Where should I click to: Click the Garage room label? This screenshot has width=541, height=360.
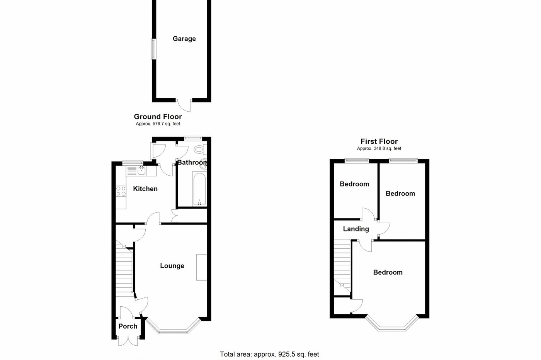tap(184, 39)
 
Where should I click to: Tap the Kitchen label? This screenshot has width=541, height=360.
tap(145, 188)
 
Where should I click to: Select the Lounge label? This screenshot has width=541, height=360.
tap(172, 266)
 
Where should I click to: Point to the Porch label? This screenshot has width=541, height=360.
tap(128, 326)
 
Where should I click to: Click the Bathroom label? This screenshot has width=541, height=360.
tap(192, 163)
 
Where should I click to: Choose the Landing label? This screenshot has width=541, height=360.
tap(356, 229)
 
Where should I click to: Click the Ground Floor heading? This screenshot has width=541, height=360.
tap(158, 117)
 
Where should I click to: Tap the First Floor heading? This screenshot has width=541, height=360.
tap(379, 141)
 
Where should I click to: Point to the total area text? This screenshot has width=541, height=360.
tap(269, 354)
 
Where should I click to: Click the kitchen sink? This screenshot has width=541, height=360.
tap(141, 170)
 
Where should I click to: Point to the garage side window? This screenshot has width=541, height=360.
tap(153, 49)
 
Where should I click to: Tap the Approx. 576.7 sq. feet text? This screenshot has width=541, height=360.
tap(158, 124)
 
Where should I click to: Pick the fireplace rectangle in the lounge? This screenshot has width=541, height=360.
tap(201, 267)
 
